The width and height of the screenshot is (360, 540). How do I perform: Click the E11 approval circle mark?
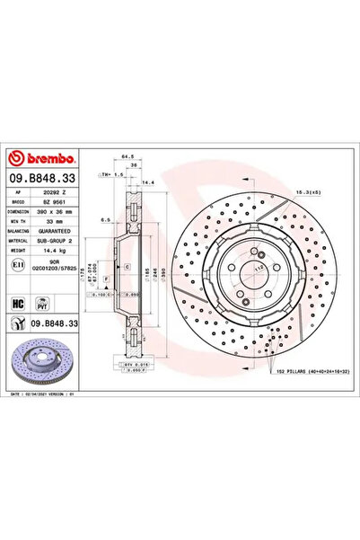18,267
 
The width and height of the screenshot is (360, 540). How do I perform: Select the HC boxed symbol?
18,305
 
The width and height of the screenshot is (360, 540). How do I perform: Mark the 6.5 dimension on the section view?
106,218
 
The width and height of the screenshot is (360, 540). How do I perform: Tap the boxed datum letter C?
128,268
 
